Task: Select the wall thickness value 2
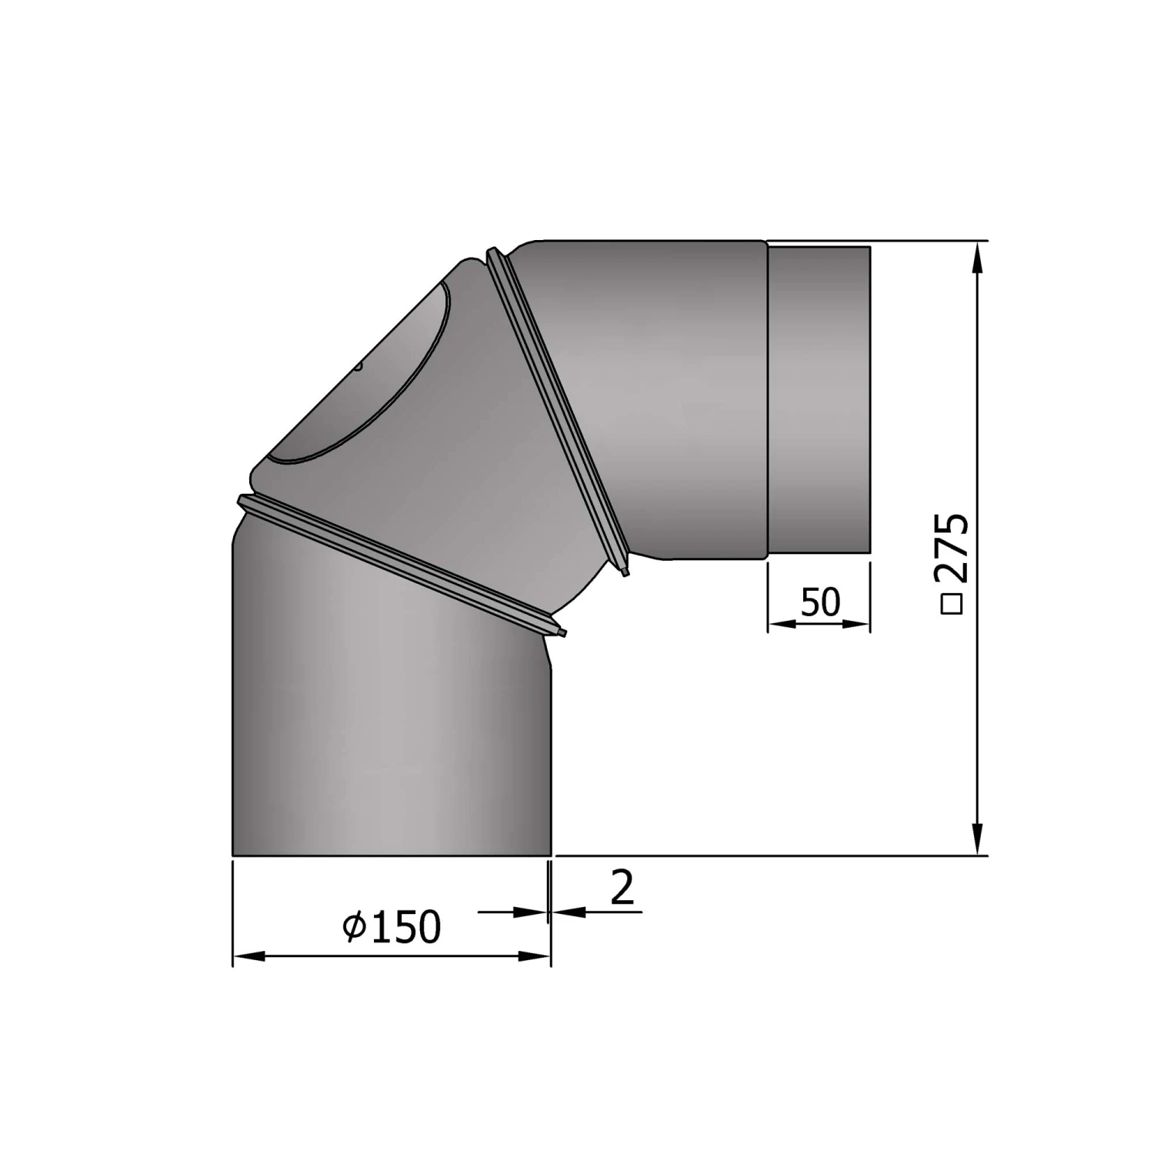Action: pyautogui.click(x=622, y=887)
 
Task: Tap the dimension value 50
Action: pyautogui.click(x=820, y=602)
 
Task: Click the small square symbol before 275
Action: pyautogui.click(x=952, y=604)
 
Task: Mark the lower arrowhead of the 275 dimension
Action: pyautogui.click(x=978, y=839)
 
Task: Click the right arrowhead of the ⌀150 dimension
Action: pyautogui.click(x=535, y=956)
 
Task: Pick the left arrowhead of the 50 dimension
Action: pyautogui.click(x=782, y=624)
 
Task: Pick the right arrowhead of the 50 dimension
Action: pyautogui.click(x=856, y=624)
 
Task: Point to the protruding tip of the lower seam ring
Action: pyautogui.click(x=562, y=632)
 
